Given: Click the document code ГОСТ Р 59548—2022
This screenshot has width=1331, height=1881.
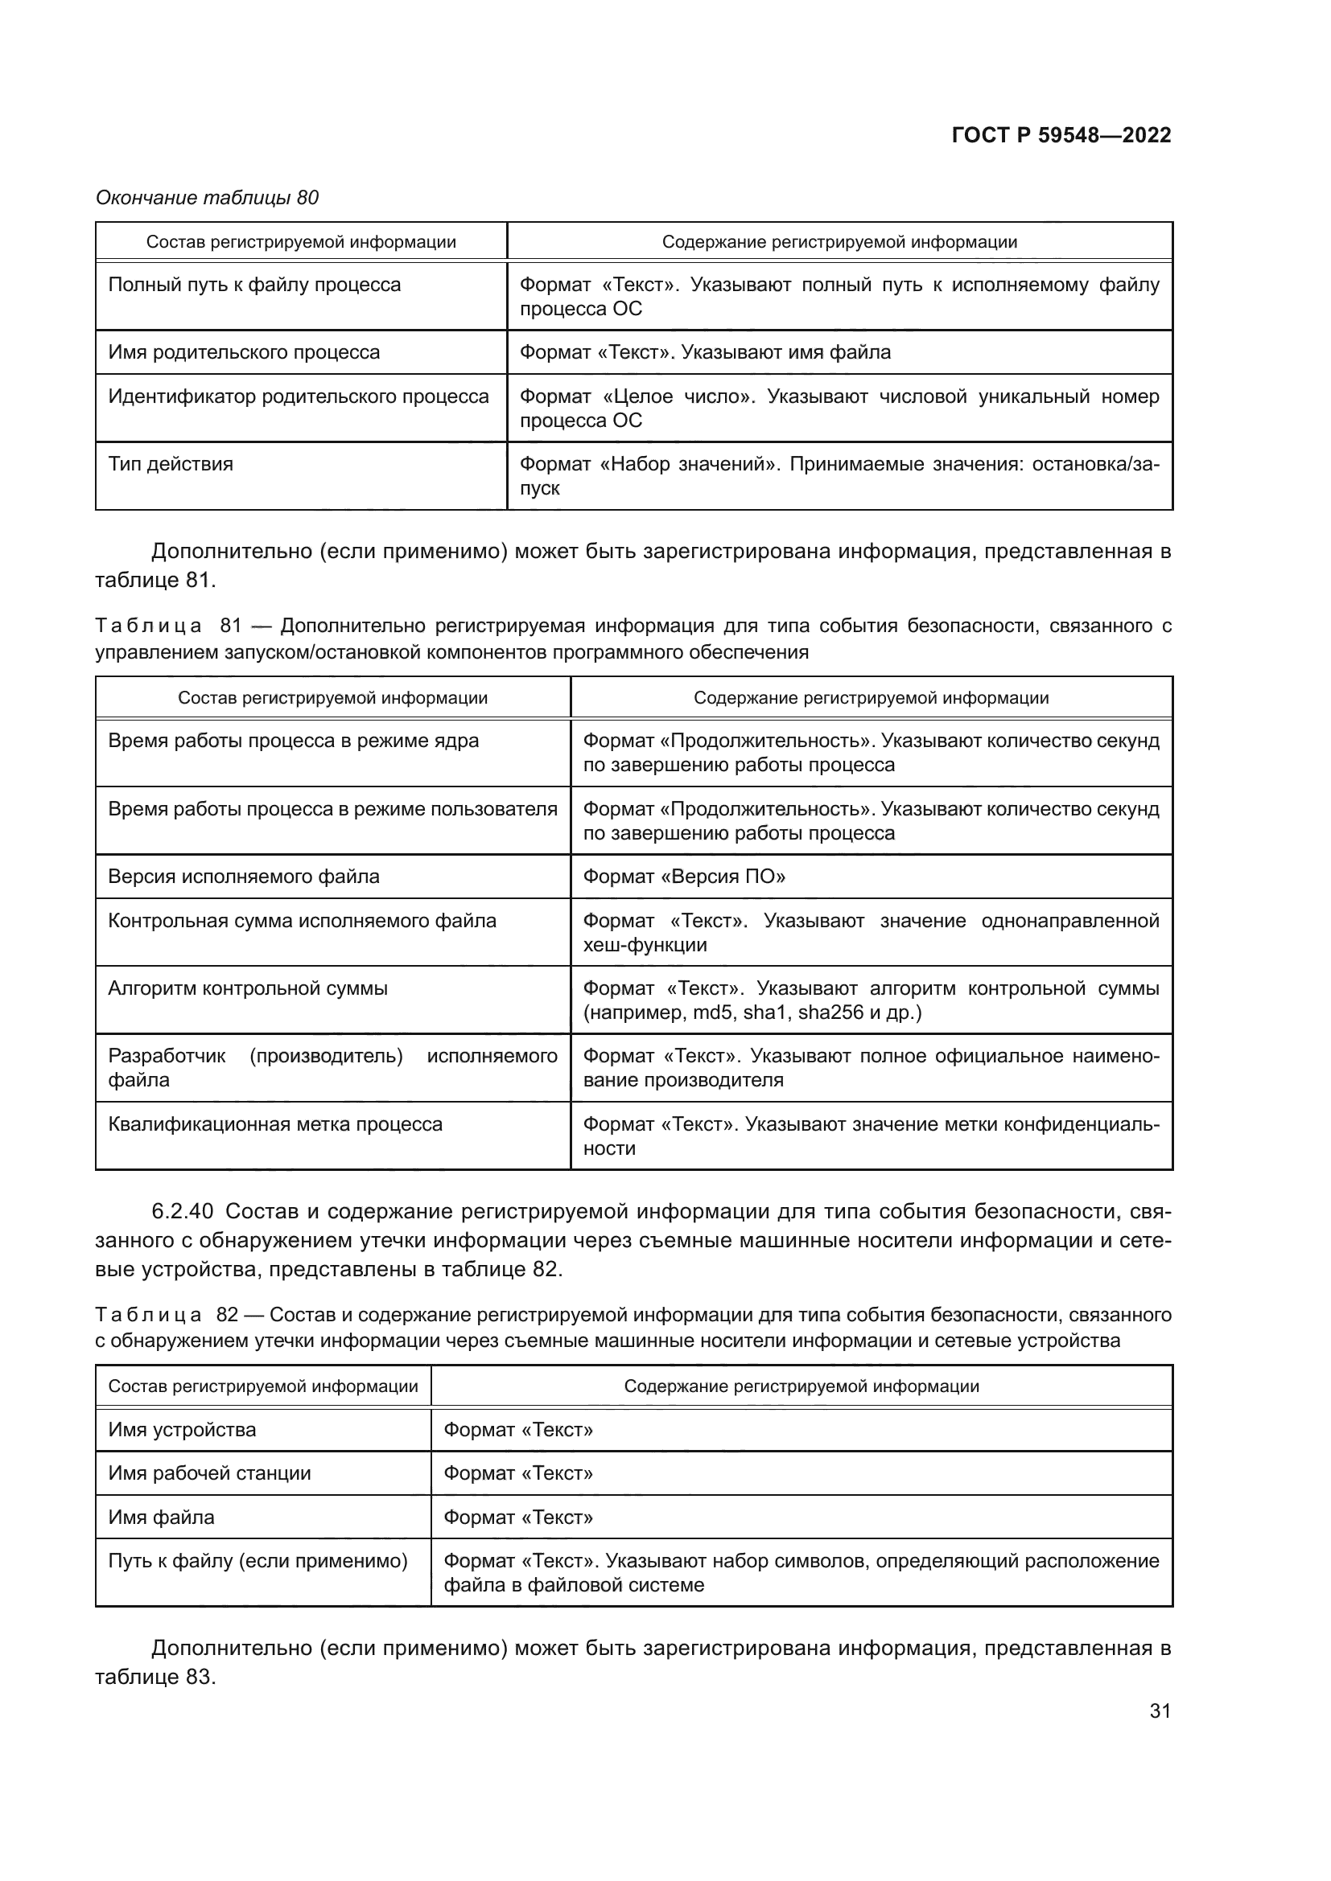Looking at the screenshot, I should click(1061, 135).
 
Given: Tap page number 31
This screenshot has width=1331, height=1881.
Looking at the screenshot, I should click(1160, 1711).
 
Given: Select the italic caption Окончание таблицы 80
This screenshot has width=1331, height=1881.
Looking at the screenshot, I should click(208, 198).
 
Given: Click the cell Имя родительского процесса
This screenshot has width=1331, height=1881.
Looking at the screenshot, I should click(245, 352).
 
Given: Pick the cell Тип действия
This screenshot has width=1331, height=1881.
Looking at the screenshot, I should click(171, 464).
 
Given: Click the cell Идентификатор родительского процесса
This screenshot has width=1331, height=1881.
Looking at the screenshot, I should click(299, 396).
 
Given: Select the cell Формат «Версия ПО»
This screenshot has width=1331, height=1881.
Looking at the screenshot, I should click(683, 877).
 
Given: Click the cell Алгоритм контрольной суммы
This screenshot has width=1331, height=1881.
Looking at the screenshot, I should click(248, 988).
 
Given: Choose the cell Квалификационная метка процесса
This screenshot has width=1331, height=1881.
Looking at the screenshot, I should click(274, 1124).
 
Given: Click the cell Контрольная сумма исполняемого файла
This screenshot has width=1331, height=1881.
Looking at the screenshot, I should click(302, 921).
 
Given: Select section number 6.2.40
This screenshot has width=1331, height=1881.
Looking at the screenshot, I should click(183, 1211).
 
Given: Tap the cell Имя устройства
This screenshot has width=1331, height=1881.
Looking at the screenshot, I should click(182, 1430).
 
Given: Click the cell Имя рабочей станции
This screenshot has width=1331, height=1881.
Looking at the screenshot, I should click(209, 1473).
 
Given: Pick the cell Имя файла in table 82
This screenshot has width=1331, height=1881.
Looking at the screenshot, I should click(161, 1518).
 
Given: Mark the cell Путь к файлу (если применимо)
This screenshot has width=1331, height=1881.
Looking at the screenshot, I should click(258, 1561).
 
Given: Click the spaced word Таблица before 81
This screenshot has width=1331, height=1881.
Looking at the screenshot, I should click(148, 626).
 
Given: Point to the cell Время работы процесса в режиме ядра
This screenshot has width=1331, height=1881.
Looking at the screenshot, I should click(293, 741).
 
